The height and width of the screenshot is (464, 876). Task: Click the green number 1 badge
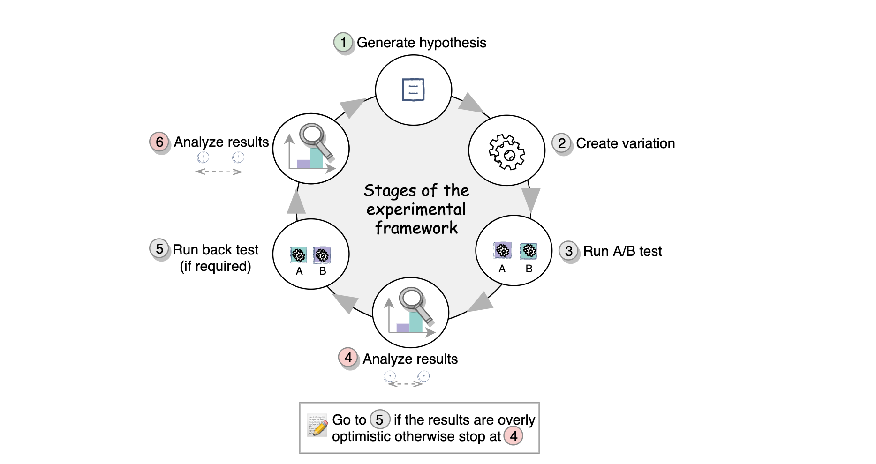click(x=343, y=43)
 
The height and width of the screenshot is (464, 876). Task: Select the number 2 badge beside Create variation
click(x=561, y=143)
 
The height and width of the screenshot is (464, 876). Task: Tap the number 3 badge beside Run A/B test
click(x=568, y=251)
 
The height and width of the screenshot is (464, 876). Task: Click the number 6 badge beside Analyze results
click(x=159, y=142)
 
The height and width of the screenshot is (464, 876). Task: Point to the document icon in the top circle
click(x=413, y=90)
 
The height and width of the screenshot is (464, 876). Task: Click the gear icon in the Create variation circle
click(x=506, y=152)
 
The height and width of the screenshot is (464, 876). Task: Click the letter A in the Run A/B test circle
click(x=502, y=269)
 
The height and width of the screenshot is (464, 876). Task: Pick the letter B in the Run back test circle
click(x=323, y=271)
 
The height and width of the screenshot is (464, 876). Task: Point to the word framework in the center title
click(x=416, y=228)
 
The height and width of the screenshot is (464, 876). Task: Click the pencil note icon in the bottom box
click(x=317, y=426)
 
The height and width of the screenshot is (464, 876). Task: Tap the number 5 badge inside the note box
click(x=379, y=419)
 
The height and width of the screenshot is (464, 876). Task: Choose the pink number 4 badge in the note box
click(x=514, y=436)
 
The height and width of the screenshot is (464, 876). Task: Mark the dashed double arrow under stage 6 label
click(x=219, y=172)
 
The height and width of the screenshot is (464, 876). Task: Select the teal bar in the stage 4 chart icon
click(x=415, y=322)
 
